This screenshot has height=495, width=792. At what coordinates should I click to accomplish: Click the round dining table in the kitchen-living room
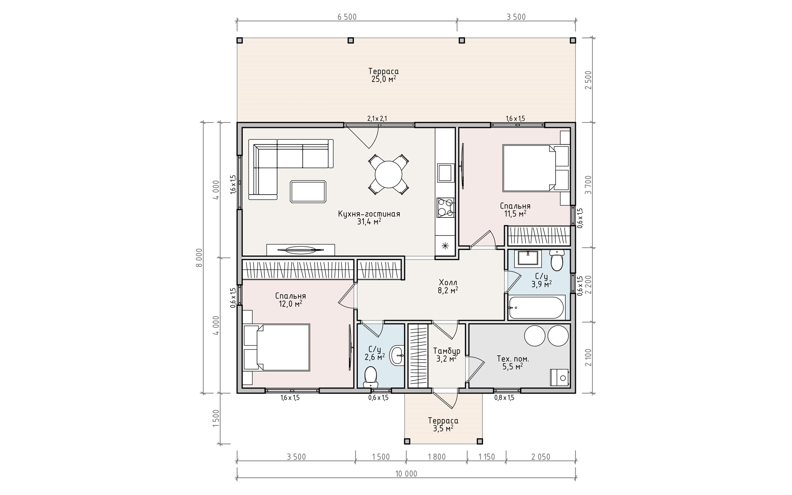(x=388, y=174)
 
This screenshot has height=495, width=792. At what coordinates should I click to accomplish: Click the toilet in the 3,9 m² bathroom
(x=557, y=260)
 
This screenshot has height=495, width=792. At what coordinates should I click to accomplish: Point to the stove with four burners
(x=445, y=207)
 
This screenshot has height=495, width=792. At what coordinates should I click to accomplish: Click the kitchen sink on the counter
(x=446, y=173)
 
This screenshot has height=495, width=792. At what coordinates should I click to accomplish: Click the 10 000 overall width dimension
(x=406, y=474)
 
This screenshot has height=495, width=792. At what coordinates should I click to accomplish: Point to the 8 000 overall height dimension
(x=199, y=258)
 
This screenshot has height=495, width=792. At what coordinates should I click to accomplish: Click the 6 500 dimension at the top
(x=347, y=17)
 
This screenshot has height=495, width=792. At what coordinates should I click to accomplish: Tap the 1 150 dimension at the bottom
(x=487, y=457)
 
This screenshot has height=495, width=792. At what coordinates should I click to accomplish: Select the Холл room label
(x=448, y=282)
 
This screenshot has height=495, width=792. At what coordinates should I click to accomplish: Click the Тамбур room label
(x=447, y=351)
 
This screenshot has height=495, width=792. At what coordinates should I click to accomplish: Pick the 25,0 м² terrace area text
(x=384, y=79)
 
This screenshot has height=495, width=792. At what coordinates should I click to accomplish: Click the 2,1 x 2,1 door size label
(x=377, y=119)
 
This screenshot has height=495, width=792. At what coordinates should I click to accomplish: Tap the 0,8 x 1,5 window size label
(x=504, y=398)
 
